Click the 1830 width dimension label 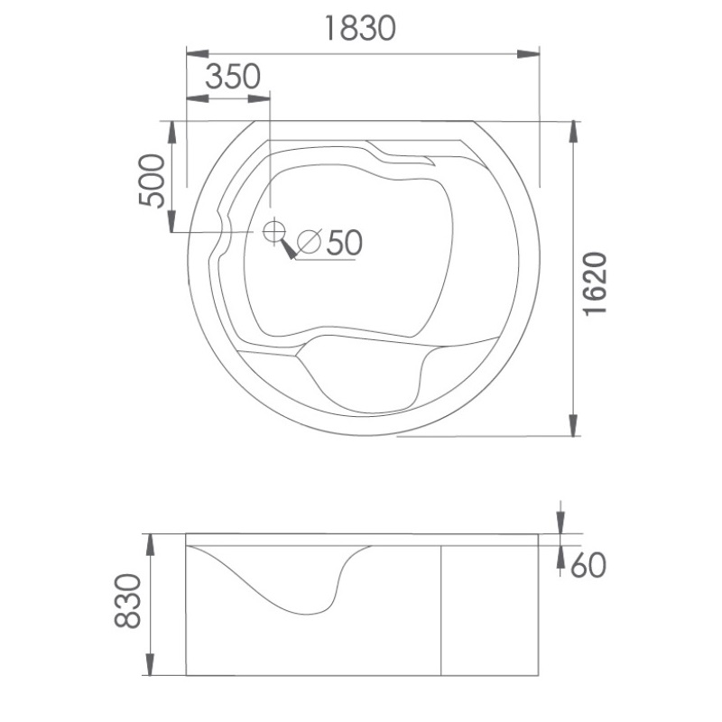(360, 28)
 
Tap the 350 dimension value (233, 77)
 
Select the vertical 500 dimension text (152, 180)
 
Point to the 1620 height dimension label (595, 283)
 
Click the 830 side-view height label (127, 601)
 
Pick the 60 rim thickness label (588, 566)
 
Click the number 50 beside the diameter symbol (345, 242)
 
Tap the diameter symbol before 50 (309, 242)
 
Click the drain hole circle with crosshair (274, 231)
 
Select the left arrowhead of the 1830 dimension (197, 54)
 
